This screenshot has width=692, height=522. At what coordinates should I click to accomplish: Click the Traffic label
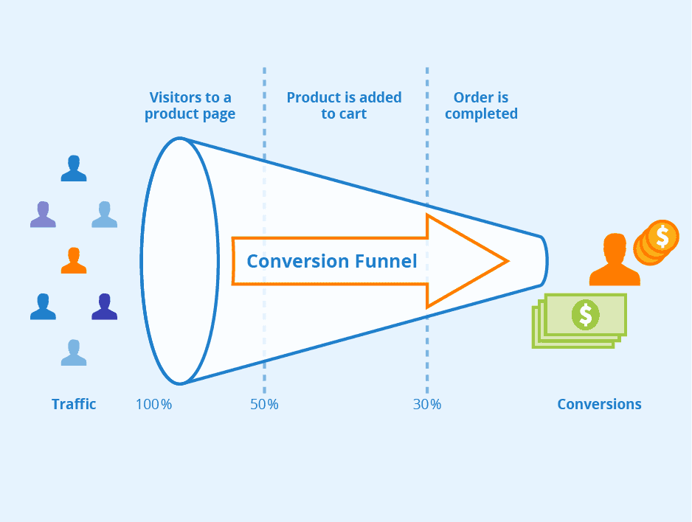74,404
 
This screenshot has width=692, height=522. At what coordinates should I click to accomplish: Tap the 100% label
153,404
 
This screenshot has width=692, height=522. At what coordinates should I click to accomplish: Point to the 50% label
264,404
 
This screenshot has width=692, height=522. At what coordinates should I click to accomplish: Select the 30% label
427,404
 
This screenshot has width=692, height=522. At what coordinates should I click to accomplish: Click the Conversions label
599,404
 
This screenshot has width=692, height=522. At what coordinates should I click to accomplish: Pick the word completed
481,114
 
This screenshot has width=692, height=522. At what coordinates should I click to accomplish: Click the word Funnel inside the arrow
386,261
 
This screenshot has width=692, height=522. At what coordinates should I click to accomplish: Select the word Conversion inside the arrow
298,261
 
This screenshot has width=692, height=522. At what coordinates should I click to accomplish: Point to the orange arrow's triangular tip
508,261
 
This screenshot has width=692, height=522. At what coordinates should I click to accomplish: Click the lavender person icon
43,215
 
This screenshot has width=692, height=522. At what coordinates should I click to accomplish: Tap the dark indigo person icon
105,307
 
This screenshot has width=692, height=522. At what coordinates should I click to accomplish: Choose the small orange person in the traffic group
74,260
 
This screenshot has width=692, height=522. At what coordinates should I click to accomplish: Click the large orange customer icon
615,260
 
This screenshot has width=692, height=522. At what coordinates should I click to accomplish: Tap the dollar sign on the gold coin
662,237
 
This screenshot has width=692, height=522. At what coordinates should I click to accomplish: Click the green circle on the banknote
586,315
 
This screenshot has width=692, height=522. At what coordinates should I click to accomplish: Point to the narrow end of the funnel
547,261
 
